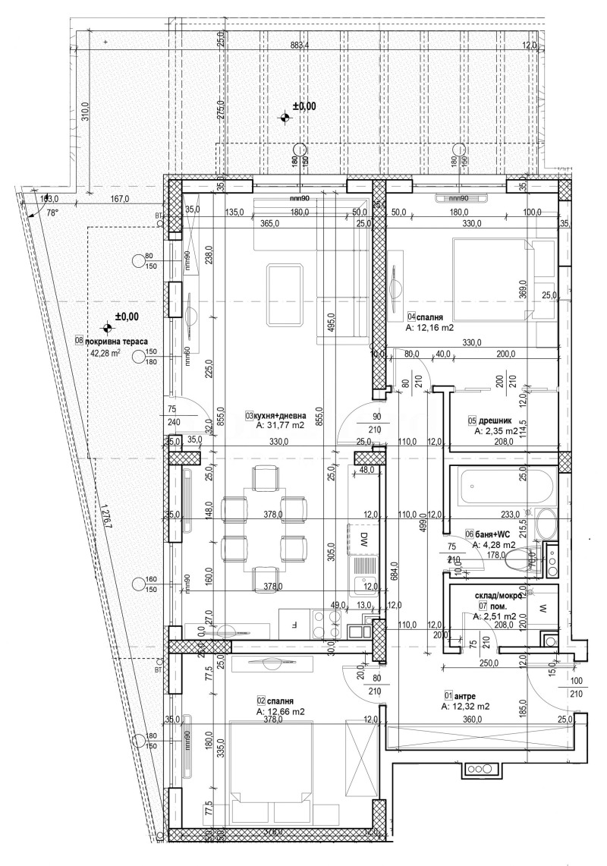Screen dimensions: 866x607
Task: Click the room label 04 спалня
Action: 425,316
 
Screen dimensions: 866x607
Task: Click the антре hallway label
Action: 464,694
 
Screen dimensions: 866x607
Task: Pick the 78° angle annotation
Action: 52,213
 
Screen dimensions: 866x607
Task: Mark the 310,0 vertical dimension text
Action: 85,112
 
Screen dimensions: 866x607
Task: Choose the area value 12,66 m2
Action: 281,712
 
